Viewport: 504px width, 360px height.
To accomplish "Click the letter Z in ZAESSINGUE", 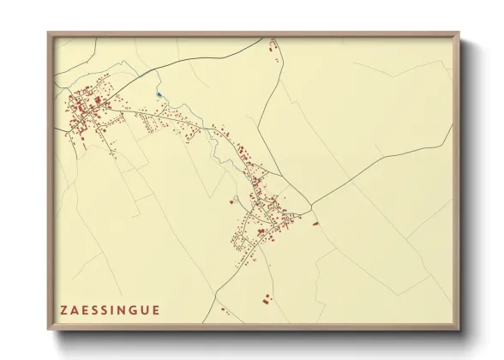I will [x=63, y=310].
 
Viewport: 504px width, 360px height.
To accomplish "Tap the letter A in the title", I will [x=75, y=310].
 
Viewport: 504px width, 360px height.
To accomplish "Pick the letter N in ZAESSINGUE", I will [x=121, y=310].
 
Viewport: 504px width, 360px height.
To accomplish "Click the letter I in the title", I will [x=112, y=310].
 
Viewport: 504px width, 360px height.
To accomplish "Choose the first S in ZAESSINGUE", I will [x=94, y=310].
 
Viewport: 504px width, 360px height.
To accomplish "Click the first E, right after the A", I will [x=84, y=310].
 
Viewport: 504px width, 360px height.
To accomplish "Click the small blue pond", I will [x=159, y=94].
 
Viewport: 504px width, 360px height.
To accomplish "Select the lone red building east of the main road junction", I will [x=315, y=223].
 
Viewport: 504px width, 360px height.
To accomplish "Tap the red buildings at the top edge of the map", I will [x=273, y=46].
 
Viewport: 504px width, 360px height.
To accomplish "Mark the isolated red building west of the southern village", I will [x=232, y=201].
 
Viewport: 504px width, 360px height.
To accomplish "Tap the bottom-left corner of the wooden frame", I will [x=49, y=329].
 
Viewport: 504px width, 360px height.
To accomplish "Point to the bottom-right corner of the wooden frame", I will [x=459, y=329].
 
